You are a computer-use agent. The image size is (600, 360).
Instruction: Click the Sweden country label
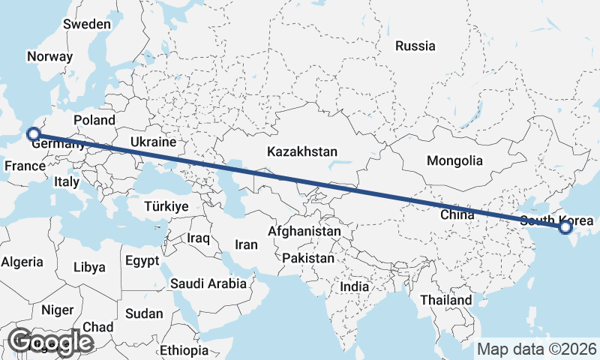(87, 24)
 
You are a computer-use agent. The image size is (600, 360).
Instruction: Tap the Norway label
(49, 56)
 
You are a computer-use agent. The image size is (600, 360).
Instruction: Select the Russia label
(415, 46)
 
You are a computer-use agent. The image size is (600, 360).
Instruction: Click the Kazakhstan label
(302, 151)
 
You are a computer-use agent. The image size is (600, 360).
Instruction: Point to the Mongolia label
(454, 160)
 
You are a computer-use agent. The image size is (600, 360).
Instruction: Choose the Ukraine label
(153, 142)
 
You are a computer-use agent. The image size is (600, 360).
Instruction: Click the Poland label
(94, 120)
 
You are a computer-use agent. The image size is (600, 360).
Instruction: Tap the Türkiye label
(166, 206)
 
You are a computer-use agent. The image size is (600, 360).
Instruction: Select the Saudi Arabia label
(208, 283)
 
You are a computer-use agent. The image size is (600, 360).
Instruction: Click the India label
(354, 286)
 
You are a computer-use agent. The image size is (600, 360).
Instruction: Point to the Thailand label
(446, 300)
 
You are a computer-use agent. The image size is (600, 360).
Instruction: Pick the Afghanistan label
(304, 232)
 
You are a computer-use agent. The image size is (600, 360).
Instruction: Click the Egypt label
(142, 261)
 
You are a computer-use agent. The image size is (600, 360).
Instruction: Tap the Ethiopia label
(184, 350)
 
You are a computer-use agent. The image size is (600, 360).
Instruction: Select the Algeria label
(22, 262)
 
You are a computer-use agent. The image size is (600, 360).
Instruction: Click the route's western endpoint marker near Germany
(32, 134)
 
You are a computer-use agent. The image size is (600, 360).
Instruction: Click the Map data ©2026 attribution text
(537, 349)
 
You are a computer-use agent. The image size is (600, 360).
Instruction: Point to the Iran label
(246, 244)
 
